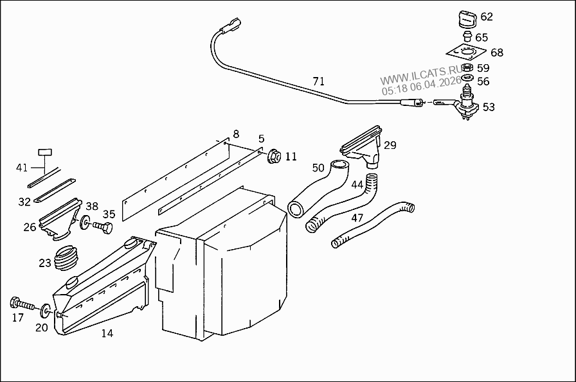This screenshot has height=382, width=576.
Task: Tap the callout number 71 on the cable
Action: (318, 81)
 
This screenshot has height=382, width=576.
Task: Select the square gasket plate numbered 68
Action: (464, 53)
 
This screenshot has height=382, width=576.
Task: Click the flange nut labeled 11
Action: (274, 156)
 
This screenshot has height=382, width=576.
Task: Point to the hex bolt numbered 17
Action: (22, 304)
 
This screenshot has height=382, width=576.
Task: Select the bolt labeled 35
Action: (102, 227)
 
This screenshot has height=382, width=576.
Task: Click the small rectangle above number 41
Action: (45, 152)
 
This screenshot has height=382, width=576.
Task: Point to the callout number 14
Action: (107, 333)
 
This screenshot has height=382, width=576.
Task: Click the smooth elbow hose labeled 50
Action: (318, 188)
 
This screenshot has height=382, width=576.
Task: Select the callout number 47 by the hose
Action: (357, 218)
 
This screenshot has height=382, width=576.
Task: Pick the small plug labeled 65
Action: (467, 37)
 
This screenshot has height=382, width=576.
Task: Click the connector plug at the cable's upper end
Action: (231, 24)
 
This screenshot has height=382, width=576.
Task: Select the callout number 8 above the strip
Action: (236, 134)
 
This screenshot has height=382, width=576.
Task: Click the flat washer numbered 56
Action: (467, 78)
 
